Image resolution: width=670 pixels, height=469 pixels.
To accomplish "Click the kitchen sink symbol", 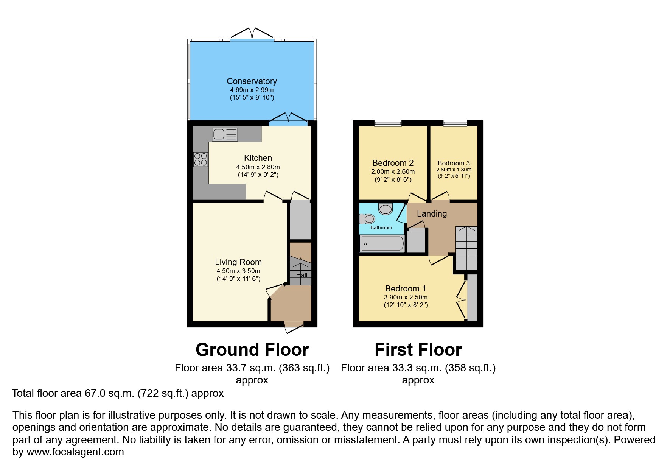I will [225, 134].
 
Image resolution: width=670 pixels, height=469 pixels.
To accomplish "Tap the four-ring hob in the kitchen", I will [201, 159].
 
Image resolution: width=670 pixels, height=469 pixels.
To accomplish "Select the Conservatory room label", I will [252, 81].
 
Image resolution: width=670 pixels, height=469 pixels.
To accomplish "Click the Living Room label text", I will [238, 262].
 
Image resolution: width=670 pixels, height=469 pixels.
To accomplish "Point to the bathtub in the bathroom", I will [382, 244].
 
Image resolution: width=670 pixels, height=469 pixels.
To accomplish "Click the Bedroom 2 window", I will [388, 123].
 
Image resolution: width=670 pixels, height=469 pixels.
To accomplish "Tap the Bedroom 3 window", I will [455, 123].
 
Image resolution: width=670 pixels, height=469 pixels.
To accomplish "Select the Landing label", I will [432, 213].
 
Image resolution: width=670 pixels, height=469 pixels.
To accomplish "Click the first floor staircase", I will [466, 248].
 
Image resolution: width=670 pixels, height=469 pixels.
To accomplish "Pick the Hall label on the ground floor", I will [302, 275].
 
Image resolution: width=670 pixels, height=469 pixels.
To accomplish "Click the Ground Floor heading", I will [252, 350].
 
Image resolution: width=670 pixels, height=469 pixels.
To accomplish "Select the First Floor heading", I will [418, 350].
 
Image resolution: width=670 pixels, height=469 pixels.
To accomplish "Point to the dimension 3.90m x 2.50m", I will [406, 297].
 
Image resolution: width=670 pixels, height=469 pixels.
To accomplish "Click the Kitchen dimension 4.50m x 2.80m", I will [258, 167].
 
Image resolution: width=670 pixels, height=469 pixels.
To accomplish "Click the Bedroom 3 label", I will [454, 164].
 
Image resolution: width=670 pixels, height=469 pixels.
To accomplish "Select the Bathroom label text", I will [381, 227].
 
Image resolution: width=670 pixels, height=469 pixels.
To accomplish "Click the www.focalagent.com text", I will [75, 452].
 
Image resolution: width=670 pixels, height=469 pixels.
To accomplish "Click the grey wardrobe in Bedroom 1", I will [472, 298].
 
